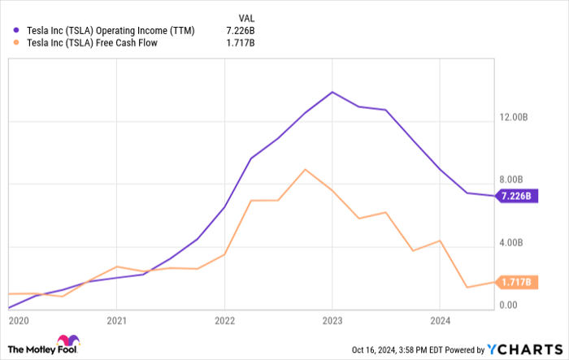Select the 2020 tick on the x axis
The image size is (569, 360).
(18, 321)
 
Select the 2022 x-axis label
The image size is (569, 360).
(224, 321)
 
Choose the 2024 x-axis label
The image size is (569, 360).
(439, 321)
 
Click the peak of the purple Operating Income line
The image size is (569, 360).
(332, 92)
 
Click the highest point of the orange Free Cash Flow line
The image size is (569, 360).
(305, 170)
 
